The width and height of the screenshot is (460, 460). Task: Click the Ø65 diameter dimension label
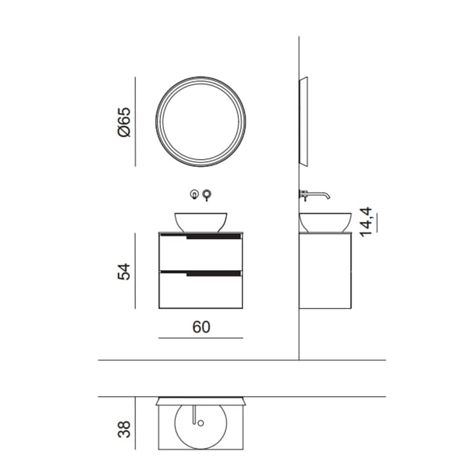tap(124, 122)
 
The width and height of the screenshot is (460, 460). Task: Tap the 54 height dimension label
tap(124, 271)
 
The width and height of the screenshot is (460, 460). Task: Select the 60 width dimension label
tap(201, 327)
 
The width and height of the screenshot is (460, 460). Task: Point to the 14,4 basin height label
tap(365, 222)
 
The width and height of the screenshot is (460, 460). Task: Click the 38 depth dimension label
tap(124, 429)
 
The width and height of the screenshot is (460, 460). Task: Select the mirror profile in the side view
tap(304, 122)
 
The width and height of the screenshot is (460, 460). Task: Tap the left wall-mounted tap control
tap(195, 194)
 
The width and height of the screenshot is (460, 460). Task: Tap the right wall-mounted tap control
tap(207, 195)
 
